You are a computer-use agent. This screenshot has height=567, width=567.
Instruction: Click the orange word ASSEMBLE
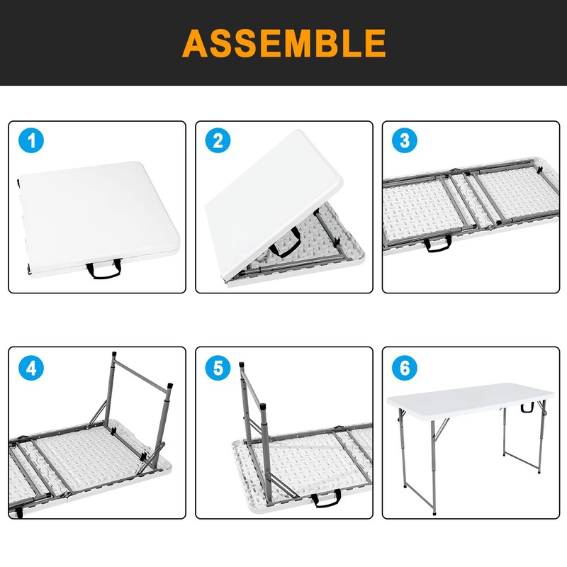pos(284,43)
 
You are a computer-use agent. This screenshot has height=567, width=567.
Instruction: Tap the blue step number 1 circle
pos(31,140)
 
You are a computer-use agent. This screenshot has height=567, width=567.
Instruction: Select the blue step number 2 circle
pos(218,140)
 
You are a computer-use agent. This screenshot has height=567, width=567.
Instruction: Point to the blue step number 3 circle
pos(405,140)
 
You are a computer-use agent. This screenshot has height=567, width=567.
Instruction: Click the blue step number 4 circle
pos(31,368)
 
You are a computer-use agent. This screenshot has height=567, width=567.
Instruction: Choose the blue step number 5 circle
pos(218,368)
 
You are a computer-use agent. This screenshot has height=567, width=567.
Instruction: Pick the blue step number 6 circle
pos(405,368)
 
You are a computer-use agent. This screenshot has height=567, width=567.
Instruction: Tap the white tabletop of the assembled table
pos(470,400)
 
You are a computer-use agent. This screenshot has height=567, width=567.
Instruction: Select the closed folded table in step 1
pos(99,219)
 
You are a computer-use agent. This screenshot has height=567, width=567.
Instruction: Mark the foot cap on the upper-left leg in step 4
pos(114,354)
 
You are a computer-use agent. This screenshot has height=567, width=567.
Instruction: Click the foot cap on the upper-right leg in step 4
pos(170,386)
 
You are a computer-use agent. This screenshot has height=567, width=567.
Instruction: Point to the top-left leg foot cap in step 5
pos(242,365)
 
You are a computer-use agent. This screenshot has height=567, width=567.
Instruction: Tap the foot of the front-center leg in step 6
pos(434,512)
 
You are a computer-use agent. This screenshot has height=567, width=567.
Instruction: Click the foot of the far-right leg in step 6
pos(539,471)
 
